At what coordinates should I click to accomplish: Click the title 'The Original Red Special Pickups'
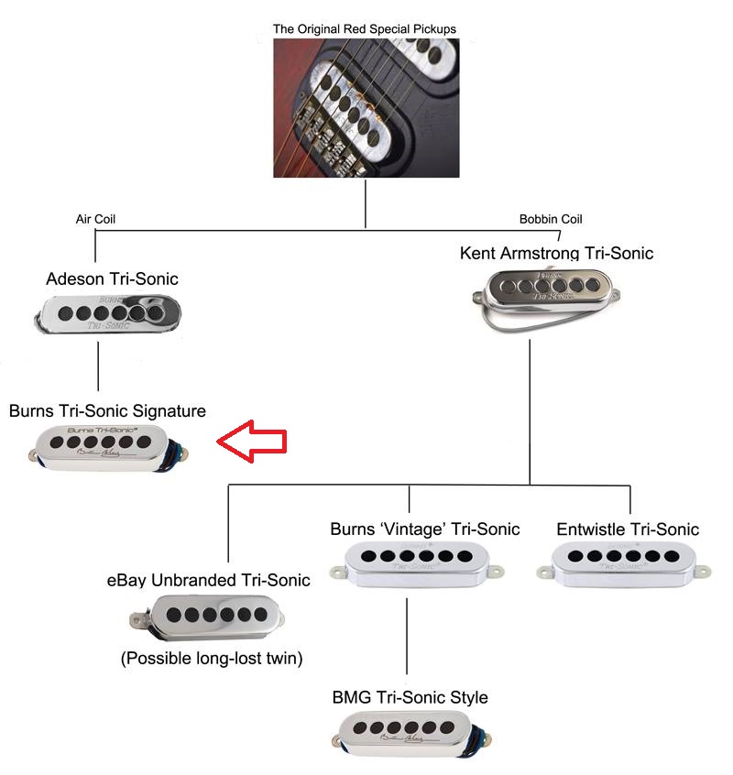(365, 29)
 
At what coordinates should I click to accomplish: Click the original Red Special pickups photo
(366, 108)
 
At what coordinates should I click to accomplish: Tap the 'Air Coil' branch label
(95, 220)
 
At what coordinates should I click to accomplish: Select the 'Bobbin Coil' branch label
(551, 219)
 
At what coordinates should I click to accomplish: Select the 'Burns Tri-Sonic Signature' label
(107, 411)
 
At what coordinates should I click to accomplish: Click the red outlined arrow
(251, 442)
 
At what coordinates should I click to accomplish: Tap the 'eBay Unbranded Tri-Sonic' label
(208, 580)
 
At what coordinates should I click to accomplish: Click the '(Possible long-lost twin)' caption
(212, 659)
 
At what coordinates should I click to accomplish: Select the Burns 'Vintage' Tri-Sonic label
(425, 529)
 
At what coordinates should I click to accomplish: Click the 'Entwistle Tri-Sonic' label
(628, 529)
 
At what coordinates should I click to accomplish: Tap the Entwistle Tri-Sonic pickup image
(619, 562)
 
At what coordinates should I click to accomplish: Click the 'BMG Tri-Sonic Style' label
(410, 698)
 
